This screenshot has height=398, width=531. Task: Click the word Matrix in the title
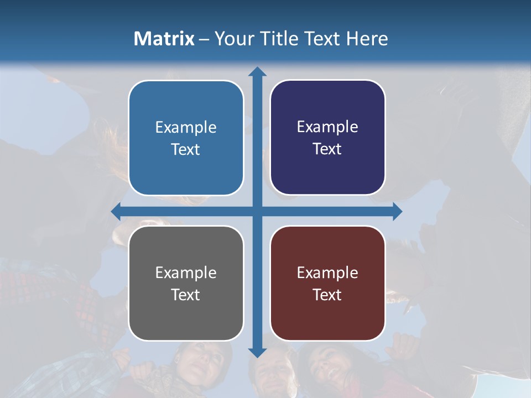pyautogui.click(x=164, y=39)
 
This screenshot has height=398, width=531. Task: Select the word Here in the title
pyautogui.click(x=367, y=39)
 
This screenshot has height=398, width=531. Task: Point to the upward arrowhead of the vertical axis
pyautogui.click(x=257, y=72)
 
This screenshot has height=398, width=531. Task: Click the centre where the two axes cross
pyautogui.click(x=257, y=211)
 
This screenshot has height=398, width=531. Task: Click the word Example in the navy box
pyautogui.click(x=327, y=127)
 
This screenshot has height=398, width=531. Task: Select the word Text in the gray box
pyautogui.click(x=186, y=295)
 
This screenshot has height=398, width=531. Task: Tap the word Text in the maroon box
pyautogui.click(x=327, y=295)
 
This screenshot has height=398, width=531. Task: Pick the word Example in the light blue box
pyautogui.click(x=186, y=127)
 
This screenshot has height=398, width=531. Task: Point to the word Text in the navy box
pyautogui.click(x=327, y=149)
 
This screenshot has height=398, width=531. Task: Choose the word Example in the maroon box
pyautogui.click(x=327, y=273)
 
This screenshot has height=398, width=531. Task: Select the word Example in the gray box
pyautogui.click(x=186, y=273)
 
